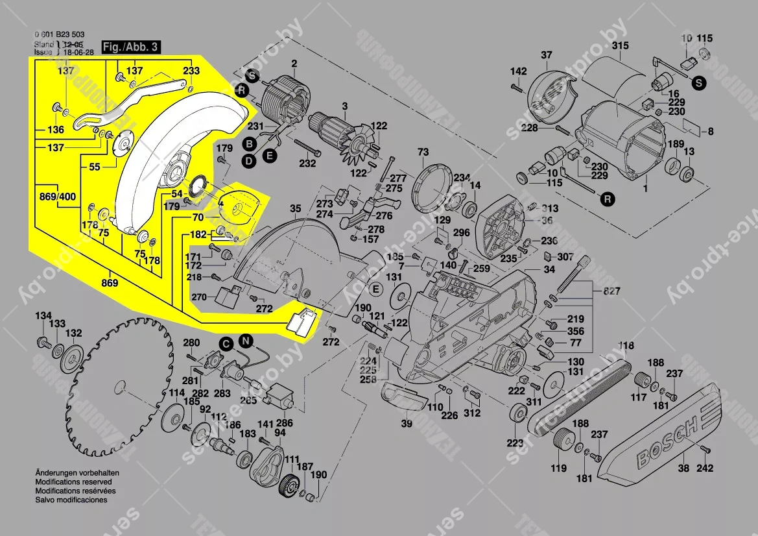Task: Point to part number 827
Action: tap(610, 291)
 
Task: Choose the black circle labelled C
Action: tap(226, 343)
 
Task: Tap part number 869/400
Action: tap(58, 195)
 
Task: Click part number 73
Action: tap(423, 152)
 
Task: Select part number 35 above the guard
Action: tap(295, 208)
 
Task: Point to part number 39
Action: tap(407, 424)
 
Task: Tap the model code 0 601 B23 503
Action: tap(58, 35)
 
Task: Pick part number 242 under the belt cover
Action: tap(705, 468)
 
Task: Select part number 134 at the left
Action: tap(43, 316)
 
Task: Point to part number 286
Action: tap(285, 422)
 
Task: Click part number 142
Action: tap(518, 71)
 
